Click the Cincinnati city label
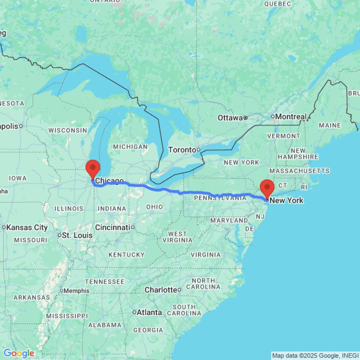(112, 228)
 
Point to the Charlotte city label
(161, 290)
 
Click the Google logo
(19, 353)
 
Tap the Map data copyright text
(315, 356)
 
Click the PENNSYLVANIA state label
(215, 198)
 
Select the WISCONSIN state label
(68, 130)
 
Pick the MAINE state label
(329, 125)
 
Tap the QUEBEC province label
(277, 4)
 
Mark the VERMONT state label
(283, 136)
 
